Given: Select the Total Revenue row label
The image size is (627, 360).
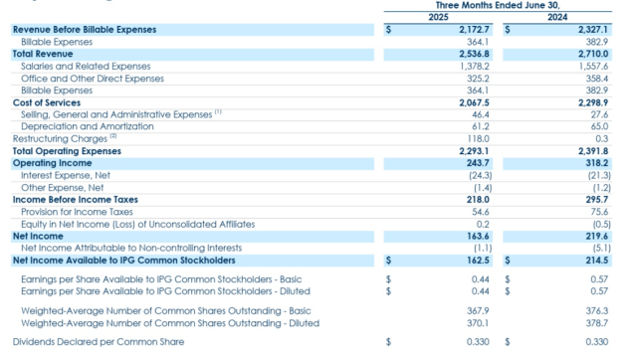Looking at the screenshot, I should pyautogui.click(x=42, y=53).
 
